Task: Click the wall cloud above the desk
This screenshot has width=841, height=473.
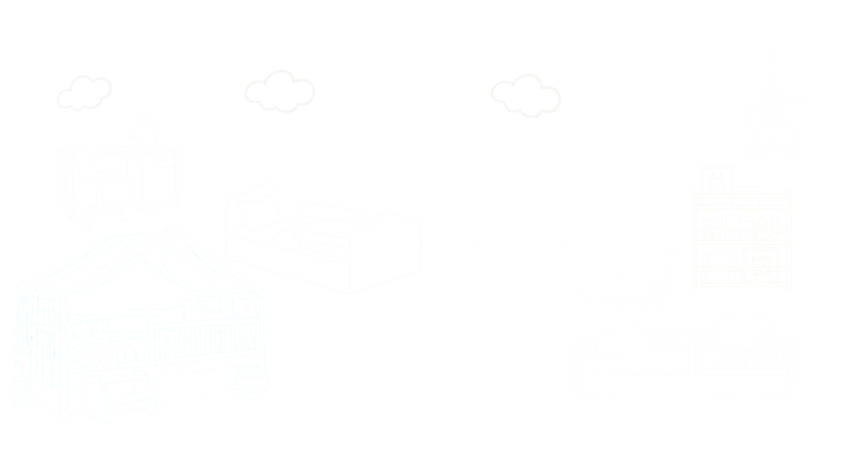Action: point(84,93)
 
